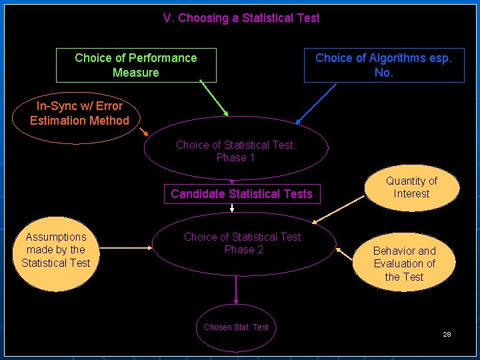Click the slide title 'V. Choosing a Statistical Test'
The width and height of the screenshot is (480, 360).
click(241, 18)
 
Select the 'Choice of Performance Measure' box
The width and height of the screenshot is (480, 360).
click(136, 65)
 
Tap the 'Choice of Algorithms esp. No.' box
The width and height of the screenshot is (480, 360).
click(383, 65)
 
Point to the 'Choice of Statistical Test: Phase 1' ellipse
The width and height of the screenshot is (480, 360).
click(235, 151)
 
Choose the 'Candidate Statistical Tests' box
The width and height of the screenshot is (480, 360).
click(241, 194)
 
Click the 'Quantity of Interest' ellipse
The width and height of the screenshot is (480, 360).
click(411, 187)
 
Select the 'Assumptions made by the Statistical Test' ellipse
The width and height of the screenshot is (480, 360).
click(56, 250)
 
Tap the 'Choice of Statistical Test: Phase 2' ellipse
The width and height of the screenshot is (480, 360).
click(243, 243)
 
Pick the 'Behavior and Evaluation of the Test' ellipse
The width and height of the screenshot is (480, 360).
click(404, 263)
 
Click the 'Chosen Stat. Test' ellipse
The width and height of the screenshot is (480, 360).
click(236, 327)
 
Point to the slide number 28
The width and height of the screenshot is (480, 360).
click(447, 334)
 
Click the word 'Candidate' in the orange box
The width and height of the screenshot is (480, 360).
click(197, 194)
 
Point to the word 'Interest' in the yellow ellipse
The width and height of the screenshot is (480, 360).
click(411, 194)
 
